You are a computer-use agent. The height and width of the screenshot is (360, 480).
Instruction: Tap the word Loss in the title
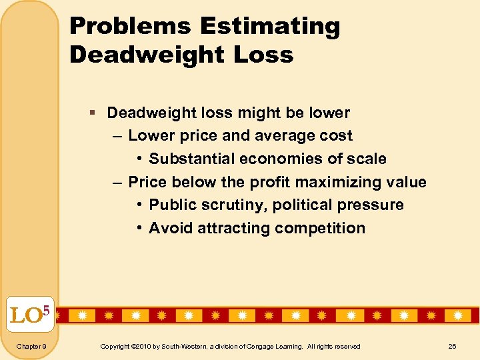(264, 55)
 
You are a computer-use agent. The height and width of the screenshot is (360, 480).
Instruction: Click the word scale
(364, 159)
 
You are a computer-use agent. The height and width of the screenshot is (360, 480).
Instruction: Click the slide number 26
(452, 346)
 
